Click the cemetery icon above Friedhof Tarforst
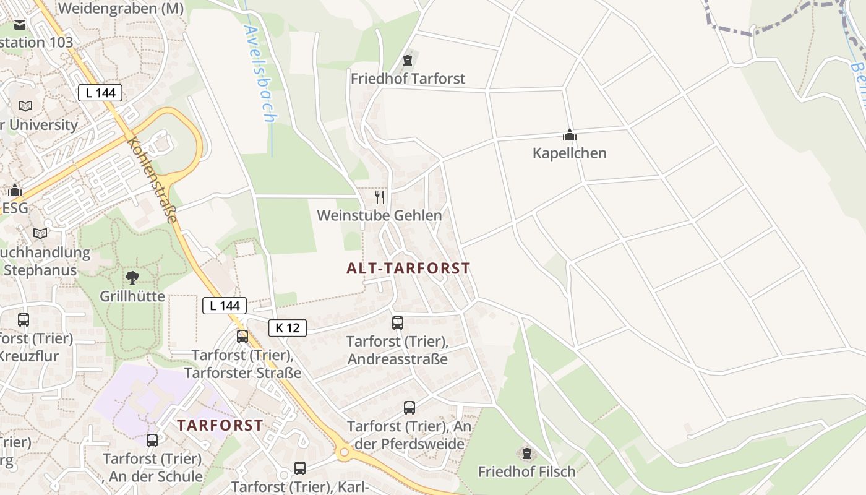(x=407, y=61)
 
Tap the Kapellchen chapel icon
(x=569, y=135)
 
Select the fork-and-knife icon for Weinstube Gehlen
(x=380, y=197)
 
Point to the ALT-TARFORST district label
(x=408, y=269)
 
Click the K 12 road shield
(x=288, y=328)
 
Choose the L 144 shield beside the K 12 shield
(x=225, y=305)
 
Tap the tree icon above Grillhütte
(x=132, y=277)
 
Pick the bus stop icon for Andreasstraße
(x=398, y=323)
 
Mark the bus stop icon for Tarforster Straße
(x=242, y=337)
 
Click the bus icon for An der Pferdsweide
(x=409, y=408)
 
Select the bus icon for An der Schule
(x=152, y=441)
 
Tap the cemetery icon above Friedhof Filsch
(x=527, y=454)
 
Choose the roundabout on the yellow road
(x=345, y=453)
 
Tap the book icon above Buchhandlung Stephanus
(x=40, y=233)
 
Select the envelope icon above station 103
(x=20, y=25)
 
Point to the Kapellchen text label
(x=569, y=153)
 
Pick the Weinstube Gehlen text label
(x=379, y=215)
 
